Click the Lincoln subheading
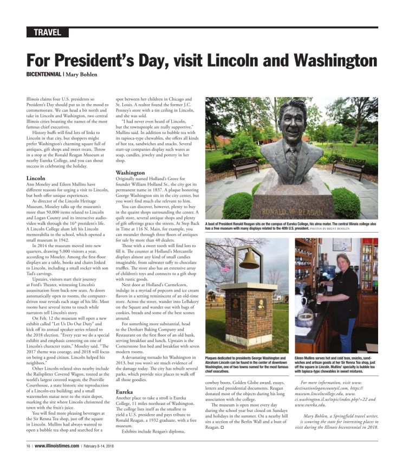point(35,178)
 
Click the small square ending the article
point(222,428)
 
